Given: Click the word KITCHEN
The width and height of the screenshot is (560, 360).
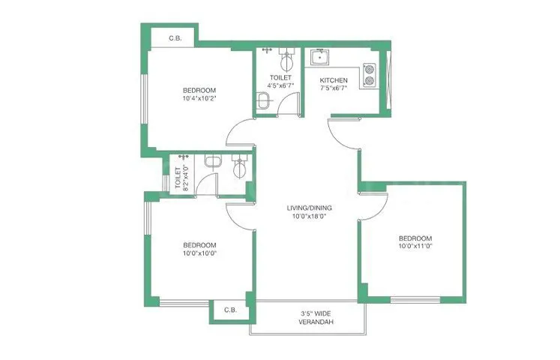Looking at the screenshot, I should click(334, 80).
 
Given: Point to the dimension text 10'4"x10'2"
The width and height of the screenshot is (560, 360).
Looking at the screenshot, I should click(199, 97).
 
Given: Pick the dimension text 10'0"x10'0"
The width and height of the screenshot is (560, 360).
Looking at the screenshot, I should click(199, 253).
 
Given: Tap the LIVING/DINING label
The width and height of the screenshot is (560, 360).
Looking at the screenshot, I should click(309, 208).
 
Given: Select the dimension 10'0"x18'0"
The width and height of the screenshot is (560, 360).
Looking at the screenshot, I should click(309, 216).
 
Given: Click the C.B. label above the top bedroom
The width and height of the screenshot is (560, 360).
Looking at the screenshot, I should click(175, 38).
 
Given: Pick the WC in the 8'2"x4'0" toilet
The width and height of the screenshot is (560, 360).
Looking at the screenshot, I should click(239, 166).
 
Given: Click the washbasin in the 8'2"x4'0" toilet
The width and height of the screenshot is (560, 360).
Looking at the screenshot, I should click(213, 161).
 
